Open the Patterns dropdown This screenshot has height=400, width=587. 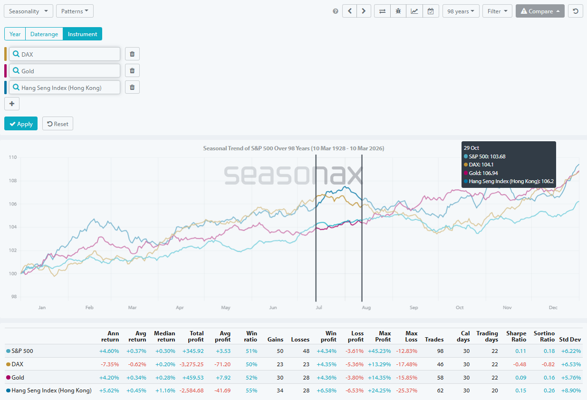(75, 11)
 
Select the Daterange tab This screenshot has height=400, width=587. (44, 34)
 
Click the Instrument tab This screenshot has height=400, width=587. (82, 34)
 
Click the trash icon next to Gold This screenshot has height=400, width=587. (132, 71)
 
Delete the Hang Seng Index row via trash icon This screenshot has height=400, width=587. (132, 88)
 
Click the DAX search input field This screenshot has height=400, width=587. (67, 54)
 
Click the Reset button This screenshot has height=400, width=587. (58, 124)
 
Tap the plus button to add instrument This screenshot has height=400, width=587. (12, 104)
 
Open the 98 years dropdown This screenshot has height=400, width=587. (461, 11)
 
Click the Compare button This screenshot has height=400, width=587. (540, 11)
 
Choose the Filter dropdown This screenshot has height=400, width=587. (497, 11)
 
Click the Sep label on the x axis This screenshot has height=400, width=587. (414, 308)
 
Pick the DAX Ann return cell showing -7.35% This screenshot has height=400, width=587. (109, 364)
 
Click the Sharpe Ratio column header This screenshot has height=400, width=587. (516, 336)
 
